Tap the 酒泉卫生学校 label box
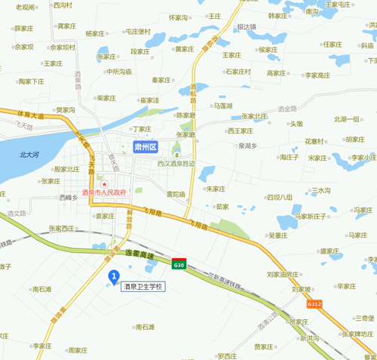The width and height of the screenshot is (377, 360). [x=143, y=287]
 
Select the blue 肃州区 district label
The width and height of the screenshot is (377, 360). [x=144, y=146]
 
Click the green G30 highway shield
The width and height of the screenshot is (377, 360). [x=179, y=265]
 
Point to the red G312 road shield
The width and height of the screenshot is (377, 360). [x=314, y=303]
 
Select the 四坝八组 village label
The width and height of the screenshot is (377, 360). [x=279, y=197]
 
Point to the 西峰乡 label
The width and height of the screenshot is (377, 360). [x=69, y=197]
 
